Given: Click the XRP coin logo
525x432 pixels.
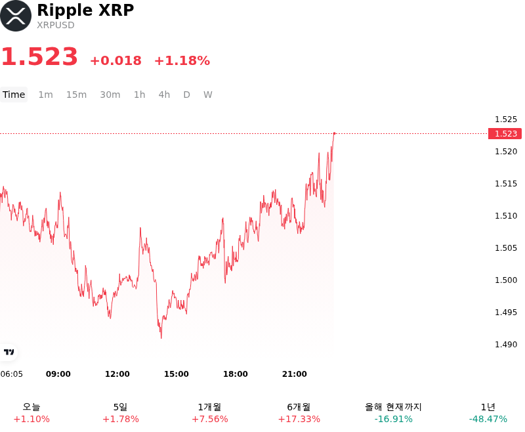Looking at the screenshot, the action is (x=16, y=16).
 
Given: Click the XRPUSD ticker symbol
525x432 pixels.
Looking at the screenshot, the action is (x=56, y=25).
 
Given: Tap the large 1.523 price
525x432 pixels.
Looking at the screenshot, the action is (x=39, y=56).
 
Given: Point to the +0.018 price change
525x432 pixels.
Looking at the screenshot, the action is (x=116, y=60).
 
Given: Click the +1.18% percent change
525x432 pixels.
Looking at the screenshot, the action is (x=182, y=60).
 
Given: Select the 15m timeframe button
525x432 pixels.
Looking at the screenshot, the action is (x=76, y=95).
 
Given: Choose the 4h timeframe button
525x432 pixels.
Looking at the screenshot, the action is (x=164, y=95).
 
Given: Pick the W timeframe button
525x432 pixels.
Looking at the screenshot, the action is (x=207, y=95).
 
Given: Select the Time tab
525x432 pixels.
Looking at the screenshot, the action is (x=14, y=95).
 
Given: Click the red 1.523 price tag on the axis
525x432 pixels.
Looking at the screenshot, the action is (x=505, y=134).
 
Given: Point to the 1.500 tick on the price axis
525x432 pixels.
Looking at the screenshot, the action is (x=506, y=280).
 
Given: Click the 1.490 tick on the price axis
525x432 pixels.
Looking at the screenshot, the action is (x=506, y=344).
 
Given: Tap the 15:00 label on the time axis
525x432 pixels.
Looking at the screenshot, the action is (x=176, y=374).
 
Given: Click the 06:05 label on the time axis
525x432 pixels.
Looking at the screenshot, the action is (x=11, y=374).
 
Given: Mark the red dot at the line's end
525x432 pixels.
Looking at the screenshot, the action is (x=334, y=134).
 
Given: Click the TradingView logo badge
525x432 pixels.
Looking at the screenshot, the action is (x=9, y=352).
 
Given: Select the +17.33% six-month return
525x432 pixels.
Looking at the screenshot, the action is (x=299, y=419).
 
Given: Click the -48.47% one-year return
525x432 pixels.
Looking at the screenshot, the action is (x=488, y=419).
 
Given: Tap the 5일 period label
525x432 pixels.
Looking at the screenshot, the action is (x=121, y=407).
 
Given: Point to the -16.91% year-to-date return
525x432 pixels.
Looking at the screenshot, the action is (x=393, y=419).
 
